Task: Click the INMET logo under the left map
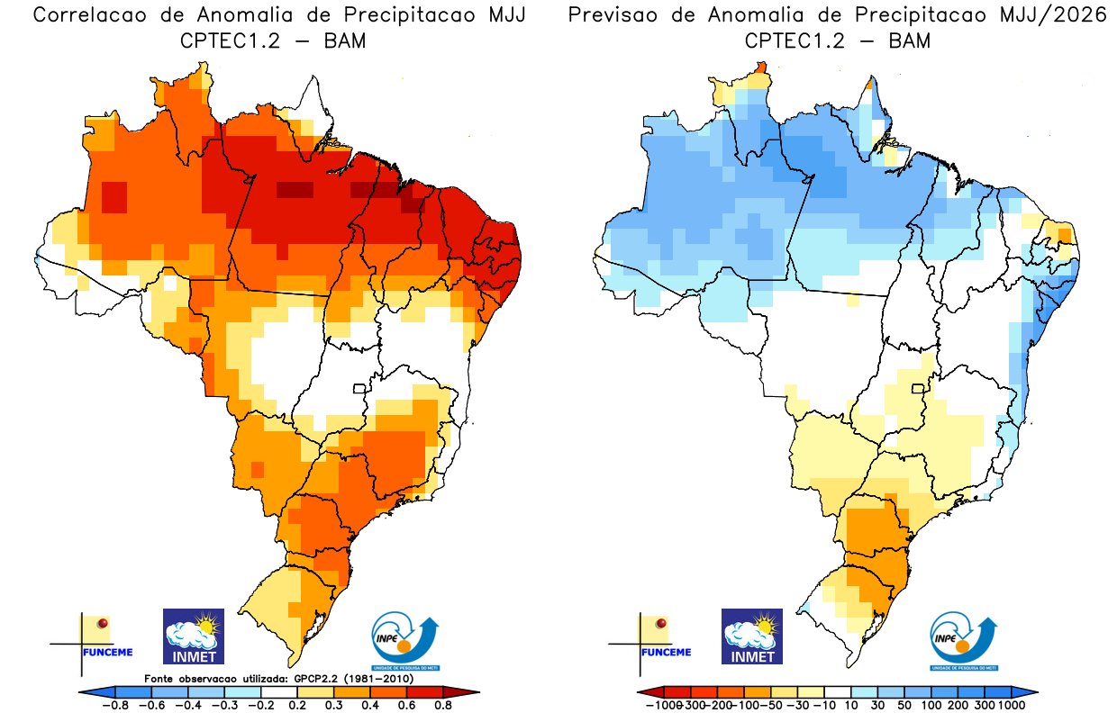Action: [x=194, y=636]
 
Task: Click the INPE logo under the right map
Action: [x=963, y=641]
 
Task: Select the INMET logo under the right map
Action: [x=752, y=636]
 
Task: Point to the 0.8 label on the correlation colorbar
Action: [x=442, y=705]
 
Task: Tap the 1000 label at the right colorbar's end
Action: [x=1011, y=705]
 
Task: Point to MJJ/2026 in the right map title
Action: [x=1057, y=15]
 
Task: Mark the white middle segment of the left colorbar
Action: [x=278, y=691]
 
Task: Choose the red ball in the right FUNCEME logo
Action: [x=662, y=623]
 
